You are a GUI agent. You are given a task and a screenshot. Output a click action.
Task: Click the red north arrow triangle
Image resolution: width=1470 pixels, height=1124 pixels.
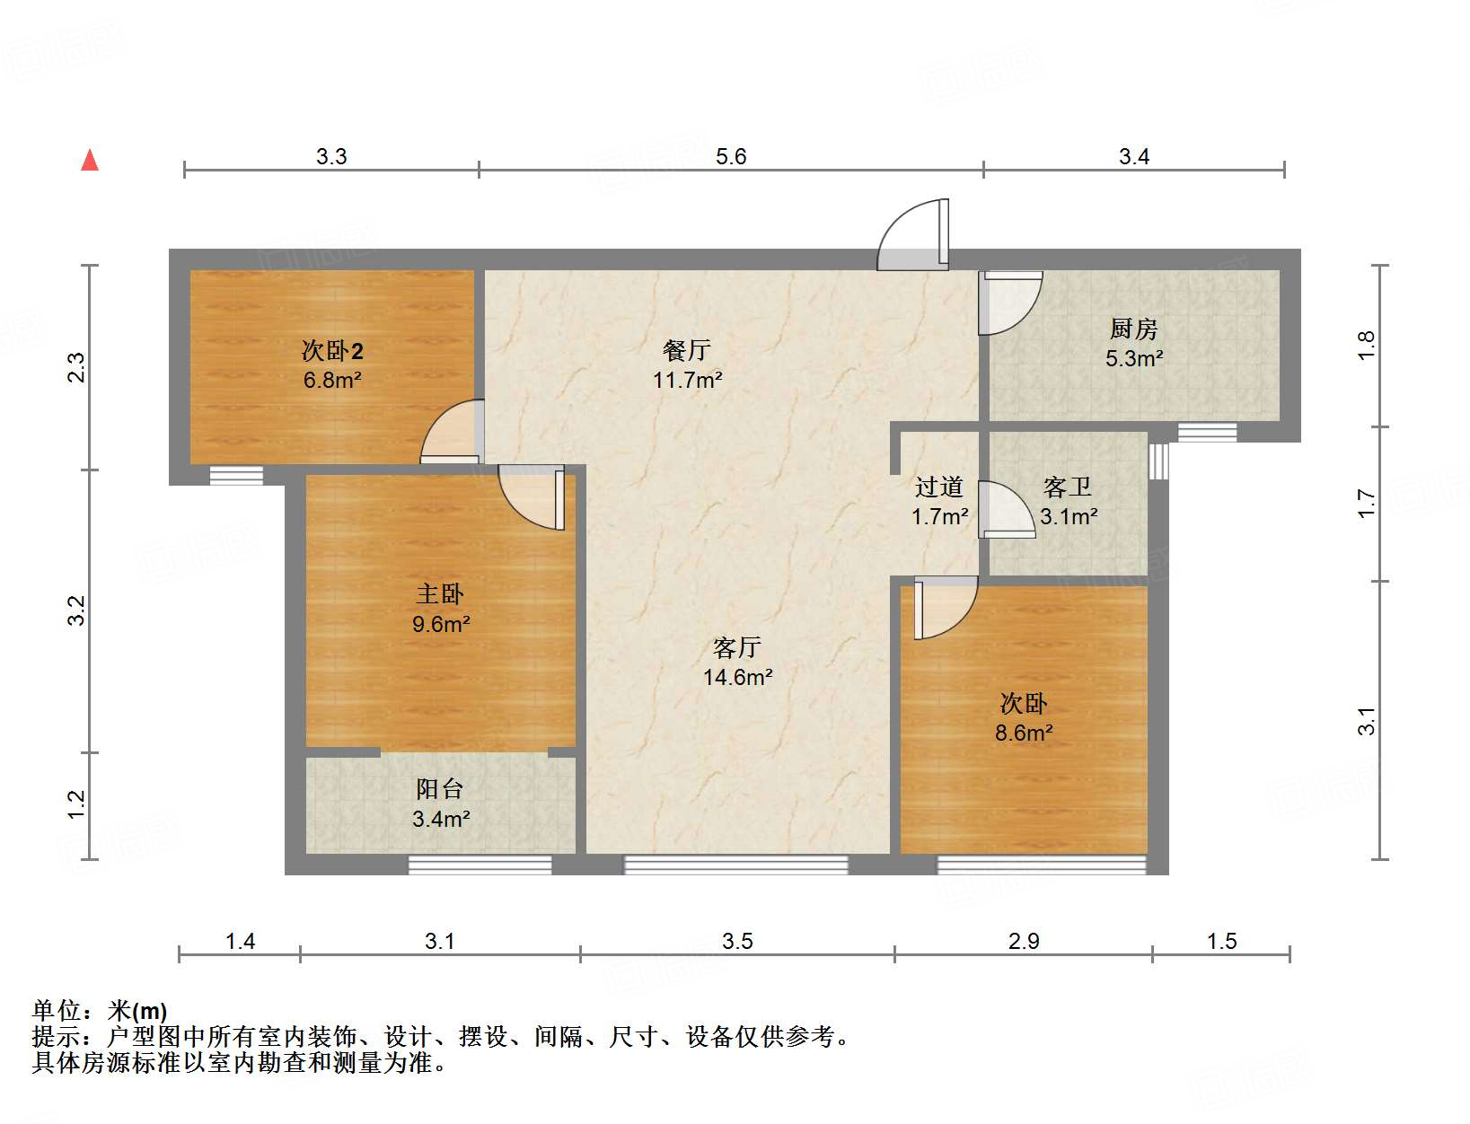pos(90,160)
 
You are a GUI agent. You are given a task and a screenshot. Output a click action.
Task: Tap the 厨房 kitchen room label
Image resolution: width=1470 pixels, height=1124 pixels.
pos(1133,329)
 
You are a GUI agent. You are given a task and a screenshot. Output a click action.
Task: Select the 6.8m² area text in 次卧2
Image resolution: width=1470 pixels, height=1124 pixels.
pos(332,380)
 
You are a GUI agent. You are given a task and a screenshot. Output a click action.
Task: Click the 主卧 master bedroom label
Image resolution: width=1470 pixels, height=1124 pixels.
pos(440,593)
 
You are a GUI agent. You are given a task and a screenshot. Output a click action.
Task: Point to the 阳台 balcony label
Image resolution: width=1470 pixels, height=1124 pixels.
pos(440,789)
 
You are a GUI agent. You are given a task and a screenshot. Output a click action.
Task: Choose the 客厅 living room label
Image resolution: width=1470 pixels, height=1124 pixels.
pos(736,647)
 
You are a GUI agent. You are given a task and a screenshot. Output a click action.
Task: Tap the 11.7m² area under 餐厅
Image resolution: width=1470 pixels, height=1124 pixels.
pos(687,380)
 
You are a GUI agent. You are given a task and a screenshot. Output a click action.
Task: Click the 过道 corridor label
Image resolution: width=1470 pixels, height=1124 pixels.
pos(938,487)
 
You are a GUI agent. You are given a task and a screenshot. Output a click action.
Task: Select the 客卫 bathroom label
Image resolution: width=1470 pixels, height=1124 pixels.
pos(1068,487)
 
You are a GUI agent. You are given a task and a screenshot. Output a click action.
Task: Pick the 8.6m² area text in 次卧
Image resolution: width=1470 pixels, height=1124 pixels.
pos(1024,733)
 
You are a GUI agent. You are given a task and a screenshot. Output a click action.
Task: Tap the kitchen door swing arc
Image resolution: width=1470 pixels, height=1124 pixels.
pos(1010,303)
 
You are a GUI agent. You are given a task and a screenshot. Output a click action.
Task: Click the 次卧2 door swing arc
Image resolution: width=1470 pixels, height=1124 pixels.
pos(452,433)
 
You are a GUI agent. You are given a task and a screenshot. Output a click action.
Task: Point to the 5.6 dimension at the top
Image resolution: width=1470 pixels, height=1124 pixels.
pos(731,157)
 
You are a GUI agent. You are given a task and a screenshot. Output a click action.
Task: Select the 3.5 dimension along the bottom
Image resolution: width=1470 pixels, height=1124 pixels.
pos(737,941)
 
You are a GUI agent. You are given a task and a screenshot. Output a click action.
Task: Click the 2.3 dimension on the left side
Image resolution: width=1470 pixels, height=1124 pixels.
pos(77,367)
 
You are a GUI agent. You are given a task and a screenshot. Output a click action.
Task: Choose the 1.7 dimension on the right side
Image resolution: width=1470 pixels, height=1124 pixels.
pos(1366,503)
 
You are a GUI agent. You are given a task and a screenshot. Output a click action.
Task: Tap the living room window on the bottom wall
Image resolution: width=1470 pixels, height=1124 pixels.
pos(735,865)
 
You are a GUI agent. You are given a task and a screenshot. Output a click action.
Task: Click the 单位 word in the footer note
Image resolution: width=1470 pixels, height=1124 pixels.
pos(56,1011)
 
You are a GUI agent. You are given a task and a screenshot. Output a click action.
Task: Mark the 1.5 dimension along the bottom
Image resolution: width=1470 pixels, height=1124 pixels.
pos(1221,941)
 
